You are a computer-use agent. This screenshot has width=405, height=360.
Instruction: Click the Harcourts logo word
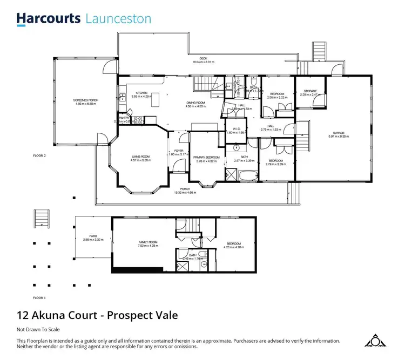click(x=49, y=19)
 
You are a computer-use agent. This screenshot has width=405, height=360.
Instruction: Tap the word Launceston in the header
click(x=118, y=19)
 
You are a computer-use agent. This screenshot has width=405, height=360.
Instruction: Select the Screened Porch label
click(x=85, y=100)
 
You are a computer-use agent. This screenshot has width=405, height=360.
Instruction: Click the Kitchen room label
click(x=141, y=93)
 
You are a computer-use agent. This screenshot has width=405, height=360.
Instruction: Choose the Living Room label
click(x=140, y=157)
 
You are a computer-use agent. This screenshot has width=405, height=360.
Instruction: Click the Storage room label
click(x=309, y=91)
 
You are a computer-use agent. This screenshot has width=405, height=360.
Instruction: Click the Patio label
click(x=93, y=236)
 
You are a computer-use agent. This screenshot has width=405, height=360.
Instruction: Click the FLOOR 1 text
click(x=39, y=298)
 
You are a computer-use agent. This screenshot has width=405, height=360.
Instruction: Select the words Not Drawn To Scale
click(x=38, y=329)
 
